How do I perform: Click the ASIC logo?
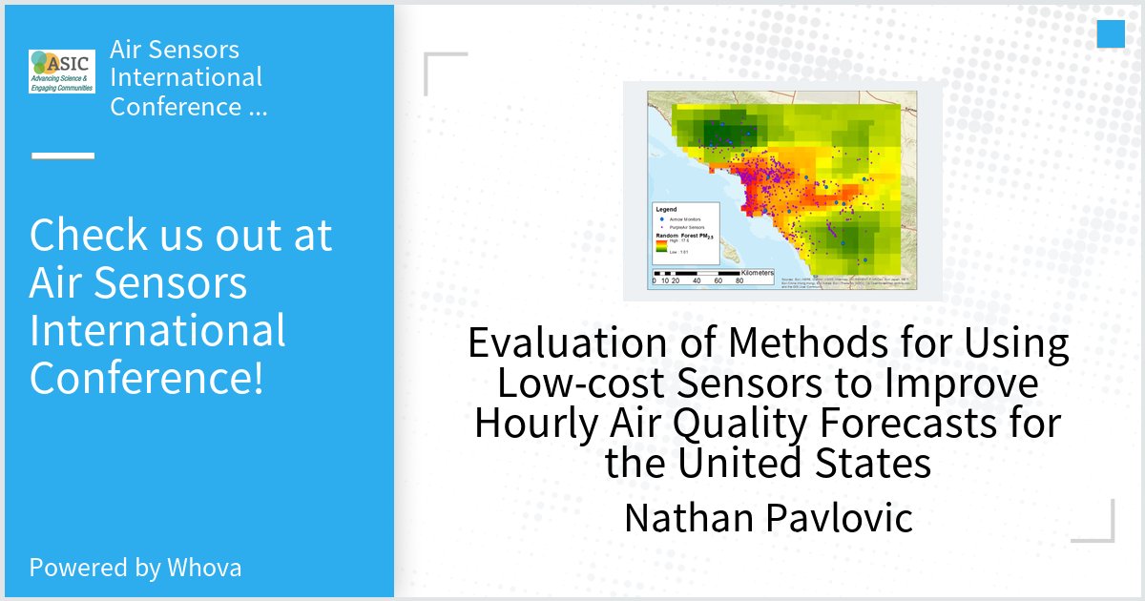pyautogui.click(x=62, y=72)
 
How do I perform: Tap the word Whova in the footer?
pyautogui.click(x=204, y=568)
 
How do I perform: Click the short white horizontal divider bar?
pyautogui.click(x=63, y=155)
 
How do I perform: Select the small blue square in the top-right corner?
pyautogui.click(x=1111, y=33)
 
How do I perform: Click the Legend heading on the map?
pyautogui.click(x=666, y=208)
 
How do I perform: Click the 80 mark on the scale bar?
pyautogui.click(x=740, y=281)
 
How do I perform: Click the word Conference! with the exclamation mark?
pyautogui.click(x=147, y=378)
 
